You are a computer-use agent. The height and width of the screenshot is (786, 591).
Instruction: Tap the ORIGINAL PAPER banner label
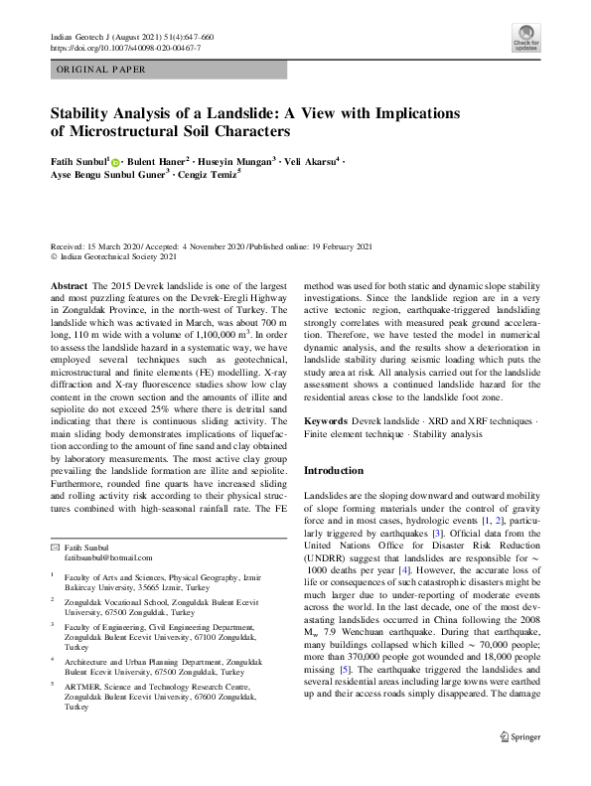click(x=100, y=70)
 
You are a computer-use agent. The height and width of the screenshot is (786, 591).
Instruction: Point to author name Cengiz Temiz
click(x=216, y=177)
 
